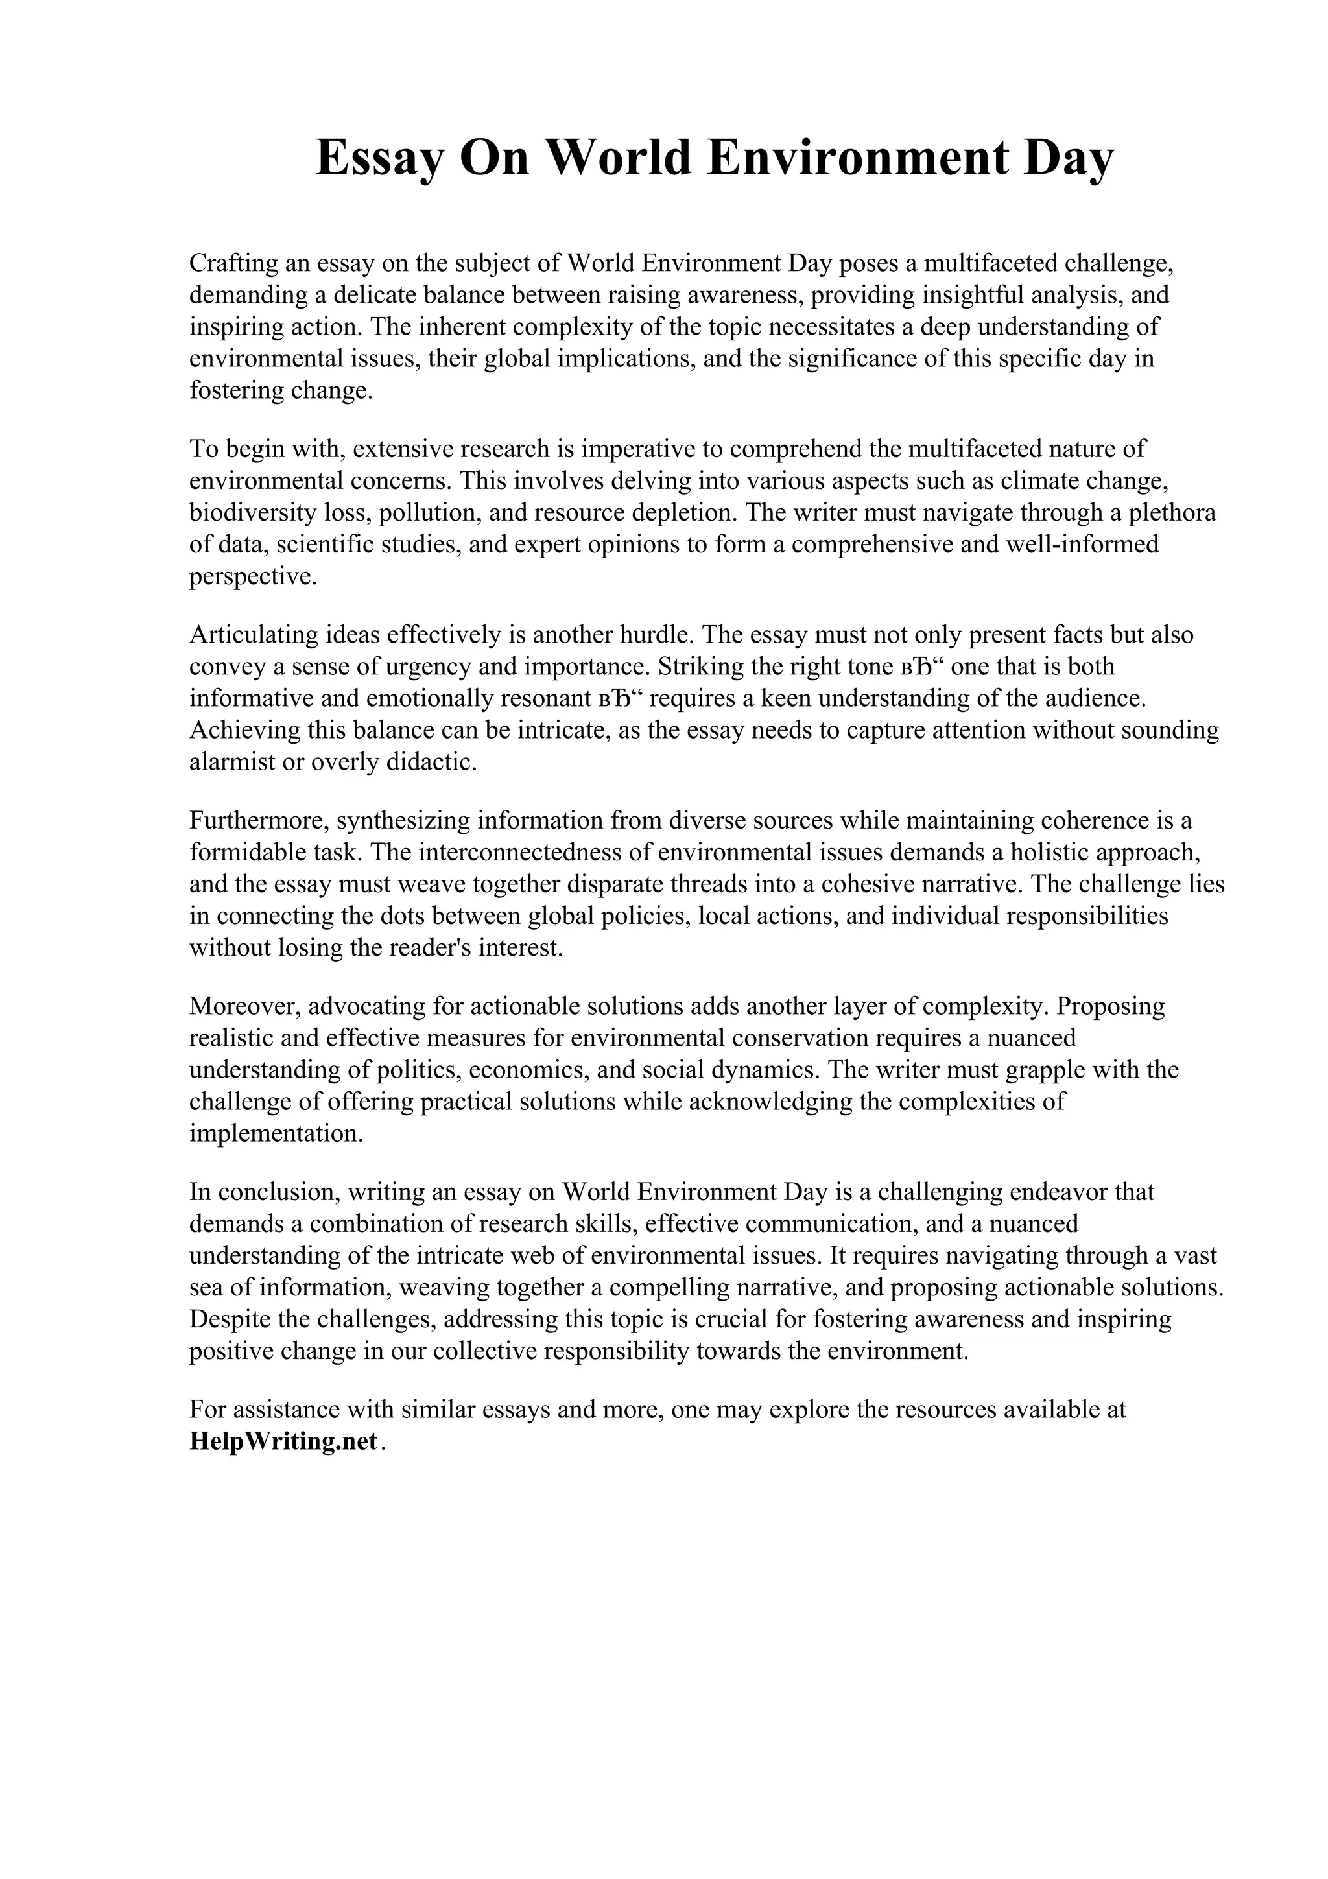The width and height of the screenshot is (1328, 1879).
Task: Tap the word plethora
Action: (x=1172, y=513)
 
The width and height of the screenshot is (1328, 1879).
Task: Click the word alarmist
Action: (x=229, y=762)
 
